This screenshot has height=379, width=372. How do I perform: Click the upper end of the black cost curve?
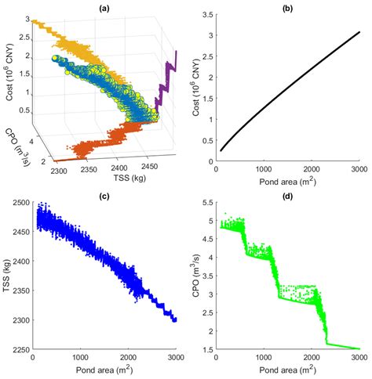click(359, 33)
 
